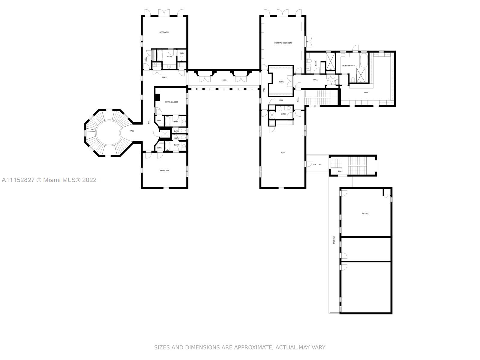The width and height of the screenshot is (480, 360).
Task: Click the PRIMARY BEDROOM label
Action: click(x=283, y=43)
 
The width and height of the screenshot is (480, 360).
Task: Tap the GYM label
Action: click(x=283, y=153)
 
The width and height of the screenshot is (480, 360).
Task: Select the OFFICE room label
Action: click(x=365, y=214)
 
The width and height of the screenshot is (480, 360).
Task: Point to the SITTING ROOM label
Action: click(x=171, y=102)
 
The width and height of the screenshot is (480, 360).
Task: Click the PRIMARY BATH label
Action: click(x=349, y=66)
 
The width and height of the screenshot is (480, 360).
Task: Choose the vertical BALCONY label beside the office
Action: click(x=334, y=240)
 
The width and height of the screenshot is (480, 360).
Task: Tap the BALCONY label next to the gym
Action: click(x=317, y=164)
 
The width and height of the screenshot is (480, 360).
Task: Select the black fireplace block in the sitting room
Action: click(x=157, y=97)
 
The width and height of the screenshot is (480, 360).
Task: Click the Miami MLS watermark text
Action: click(x=49, y=180)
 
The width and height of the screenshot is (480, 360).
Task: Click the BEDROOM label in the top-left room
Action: click(x=164, y=32)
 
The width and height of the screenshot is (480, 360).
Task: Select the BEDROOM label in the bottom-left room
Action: click(x=164, y=170)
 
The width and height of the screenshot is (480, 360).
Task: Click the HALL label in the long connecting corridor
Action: click(x=224, y=80)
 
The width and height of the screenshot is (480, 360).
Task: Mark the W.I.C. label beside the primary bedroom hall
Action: click(x=281, y=82)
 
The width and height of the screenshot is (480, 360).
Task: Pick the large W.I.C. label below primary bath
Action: click(x=366, y=93)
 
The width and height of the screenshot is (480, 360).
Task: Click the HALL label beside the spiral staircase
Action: click(x=132, y=131)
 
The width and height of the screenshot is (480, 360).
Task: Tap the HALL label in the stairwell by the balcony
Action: click(x=340, y=171)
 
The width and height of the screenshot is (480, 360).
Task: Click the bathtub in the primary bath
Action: click(x=364, y=60)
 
